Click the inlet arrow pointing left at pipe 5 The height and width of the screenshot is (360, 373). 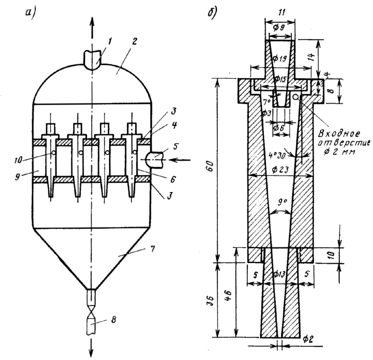pos(181,160)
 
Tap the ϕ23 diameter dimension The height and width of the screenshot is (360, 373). pos(281,170)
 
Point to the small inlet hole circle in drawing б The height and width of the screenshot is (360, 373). pos(295,97)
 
